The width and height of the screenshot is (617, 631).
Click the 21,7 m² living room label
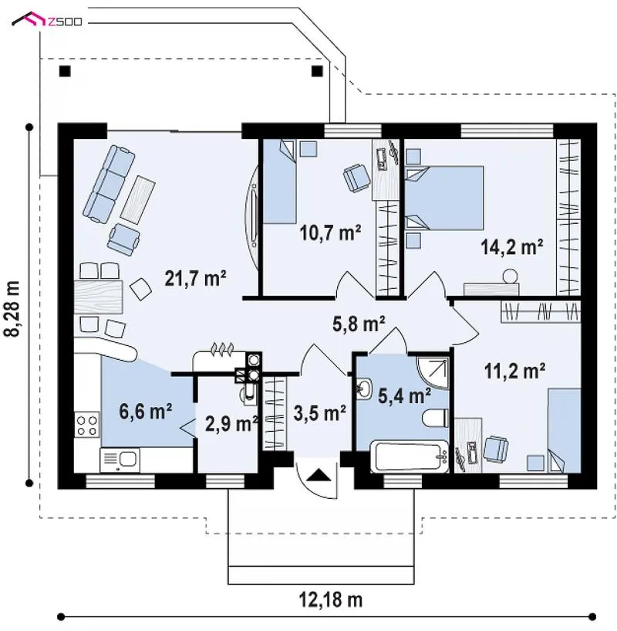coord(195,278)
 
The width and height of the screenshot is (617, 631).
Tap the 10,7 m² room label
coord(330,232)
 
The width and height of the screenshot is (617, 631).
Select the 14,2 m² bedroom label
coord(512,246)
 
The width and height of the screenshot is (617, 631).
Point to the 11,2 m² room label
coord(514,371)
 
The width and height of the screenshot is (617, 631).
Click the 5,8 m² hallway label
coord(359,324)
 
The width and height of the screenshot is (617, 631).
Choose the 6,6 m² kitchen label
coord(146,412)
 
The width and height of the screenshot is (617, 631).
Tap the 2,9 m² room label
coord(231,424)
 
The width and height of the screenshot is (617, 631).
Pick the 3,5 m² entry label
coord(319,413)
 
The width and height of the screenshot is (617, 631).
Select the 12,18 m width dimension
coord(330,600)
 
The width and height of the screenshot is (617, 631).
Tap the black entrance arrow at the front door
coord(319,475)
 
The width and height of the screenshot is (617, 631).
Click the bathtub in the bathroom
coord(410,456)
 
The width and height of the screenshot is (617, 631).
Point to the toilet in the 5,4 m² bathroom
coord(435,418)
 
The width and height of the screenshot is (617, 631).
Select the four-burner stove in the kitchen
coord(87,425)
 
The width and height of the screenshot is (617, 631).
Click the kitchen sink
coord(120,460)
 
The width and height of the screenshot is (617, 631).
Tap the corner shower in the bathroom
coord(433,372)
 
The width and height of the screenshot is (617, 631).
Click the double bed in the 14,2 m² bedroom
coord(444,198)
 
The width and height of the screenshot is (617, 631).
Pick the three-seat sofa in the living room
coord(109,184)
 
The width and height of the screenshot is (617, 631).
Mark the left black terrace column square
coord(65,71)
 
